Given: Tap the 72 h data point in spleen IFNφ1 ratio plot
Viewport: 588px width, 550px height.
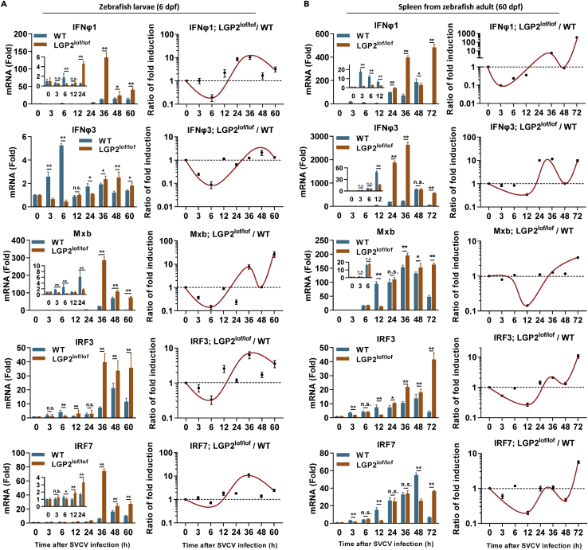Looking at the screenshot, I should (577, 37).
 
